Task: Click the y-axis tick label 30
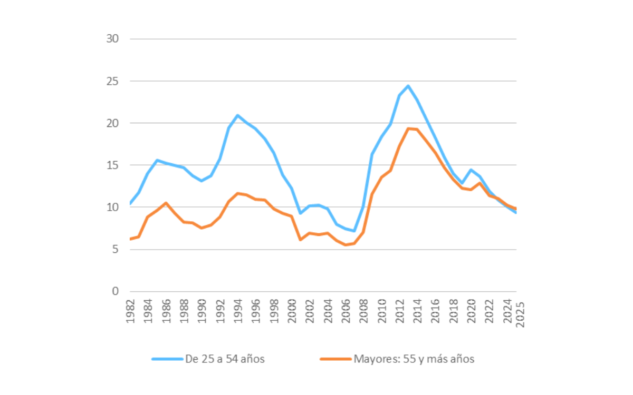[112, 39]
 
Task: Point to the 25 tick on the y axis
[112, 81]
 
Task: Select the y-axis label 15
[112, 165]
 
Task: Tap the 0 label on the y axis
[116, 291]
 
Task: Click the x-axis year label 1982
[130, 311]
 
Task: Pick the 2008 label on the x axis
[363, 311]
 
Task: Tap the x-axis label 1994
[238, 311]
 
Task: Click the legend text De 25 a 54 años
[225, 359]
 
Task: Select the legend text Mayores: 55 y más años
[414, 359]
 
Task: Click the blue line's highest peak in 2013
[408, 86]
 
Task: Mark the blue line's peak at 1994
[238, 115]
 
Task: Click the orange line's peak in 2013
[408, 129]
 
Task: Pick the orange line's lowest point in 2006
[346, 245]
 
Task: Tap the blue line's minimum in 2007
[354, 231]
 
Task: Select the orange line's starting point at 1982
[130, 239]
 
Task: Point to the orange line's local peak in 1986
[166, 203]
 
